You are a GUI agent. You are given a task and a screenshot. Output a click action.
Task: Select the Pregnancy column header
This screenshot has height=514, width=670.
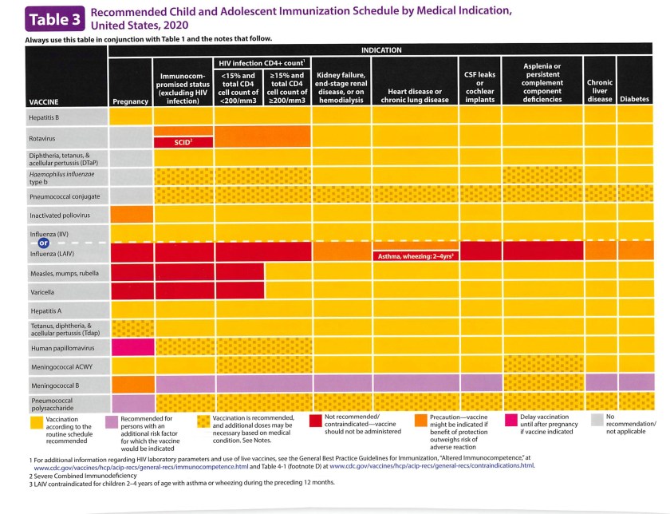point(131,101)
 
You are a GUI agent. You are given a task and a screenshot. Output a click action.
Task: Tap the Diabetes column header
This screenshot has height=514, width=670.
point(634,99)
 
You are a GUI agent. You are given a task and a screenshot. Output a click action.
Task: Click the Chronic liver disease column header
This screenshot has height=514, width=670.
point(599,90)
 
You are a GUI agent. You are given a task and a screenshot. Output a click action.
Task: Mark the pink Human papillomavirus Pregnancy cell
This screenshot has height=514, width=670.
point(132,347)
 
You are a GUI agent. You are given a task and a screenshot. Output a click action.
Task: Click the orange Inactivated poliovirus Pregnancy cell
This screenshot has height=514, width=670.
point(132,214)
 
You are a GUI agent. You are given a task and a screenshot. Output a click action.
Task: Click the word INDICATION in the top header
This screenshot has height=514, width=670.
point(381,49)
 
